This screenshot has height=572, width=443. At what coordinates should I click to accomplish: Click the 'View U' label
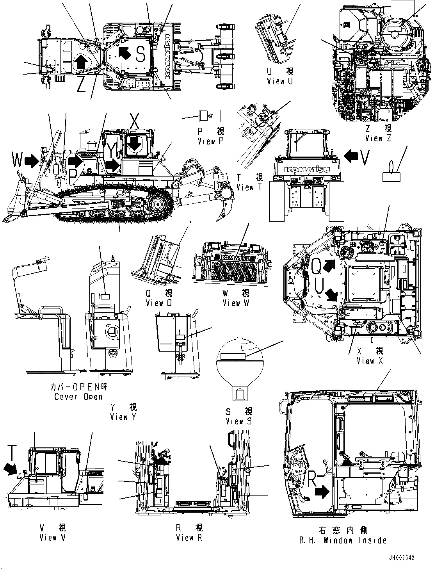(x=279, y=81)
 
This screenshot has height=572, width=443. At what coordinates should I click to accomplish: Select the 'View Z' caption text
(x=378, y=138)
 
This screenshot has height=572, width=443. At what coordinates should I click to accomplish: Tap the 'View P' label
(x=211, y=141)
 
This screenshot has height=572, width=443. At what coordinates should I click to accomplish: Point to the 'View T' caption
(x=250, y=187)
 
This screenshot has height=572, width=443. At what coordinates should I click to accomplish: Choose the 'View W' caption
(x=236, y=303)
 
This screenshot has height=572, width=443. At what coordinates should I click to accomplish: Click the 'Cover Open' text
(x=78, y=397)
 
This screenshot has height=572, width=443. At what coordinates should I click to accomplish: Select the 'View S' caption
(x=239, y=421)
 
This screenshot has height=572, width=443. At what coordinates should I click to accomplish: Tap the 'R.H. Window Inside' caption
(x=343, y=540)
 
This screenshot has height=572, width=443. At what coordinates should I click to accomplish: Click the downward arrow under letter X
(x=135, y=143)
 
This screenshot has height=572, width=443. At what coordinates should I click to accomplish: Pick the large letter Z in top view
(x=81, y=84)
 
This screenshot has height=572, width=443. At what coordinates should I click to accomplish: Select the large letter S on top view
(x=141, y=55)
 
